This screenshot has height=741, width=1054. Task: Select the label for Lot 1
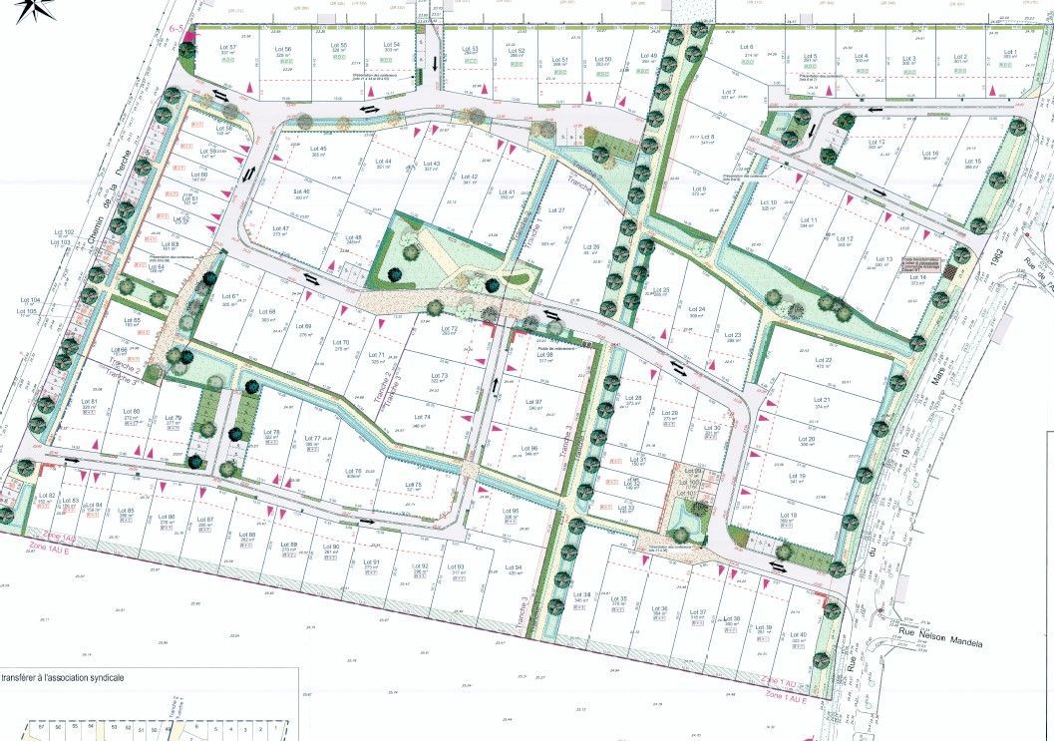click(x=1009, y=52)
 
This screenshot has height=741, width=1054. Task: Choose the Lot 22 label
click(x=823, y=360)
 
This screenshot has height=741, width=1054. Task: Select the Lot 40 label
click(x=797, y=634)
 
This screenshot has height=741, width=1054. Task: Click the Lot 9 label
click(x=697, y=189)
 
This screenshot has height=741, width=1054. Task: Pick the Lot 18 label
click(x=788, y=515)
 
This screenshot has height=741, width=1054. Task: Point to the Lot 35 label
click(x=617, y=598)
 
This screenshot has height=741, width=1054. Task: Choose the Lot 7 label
click(x=727, y=93)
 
